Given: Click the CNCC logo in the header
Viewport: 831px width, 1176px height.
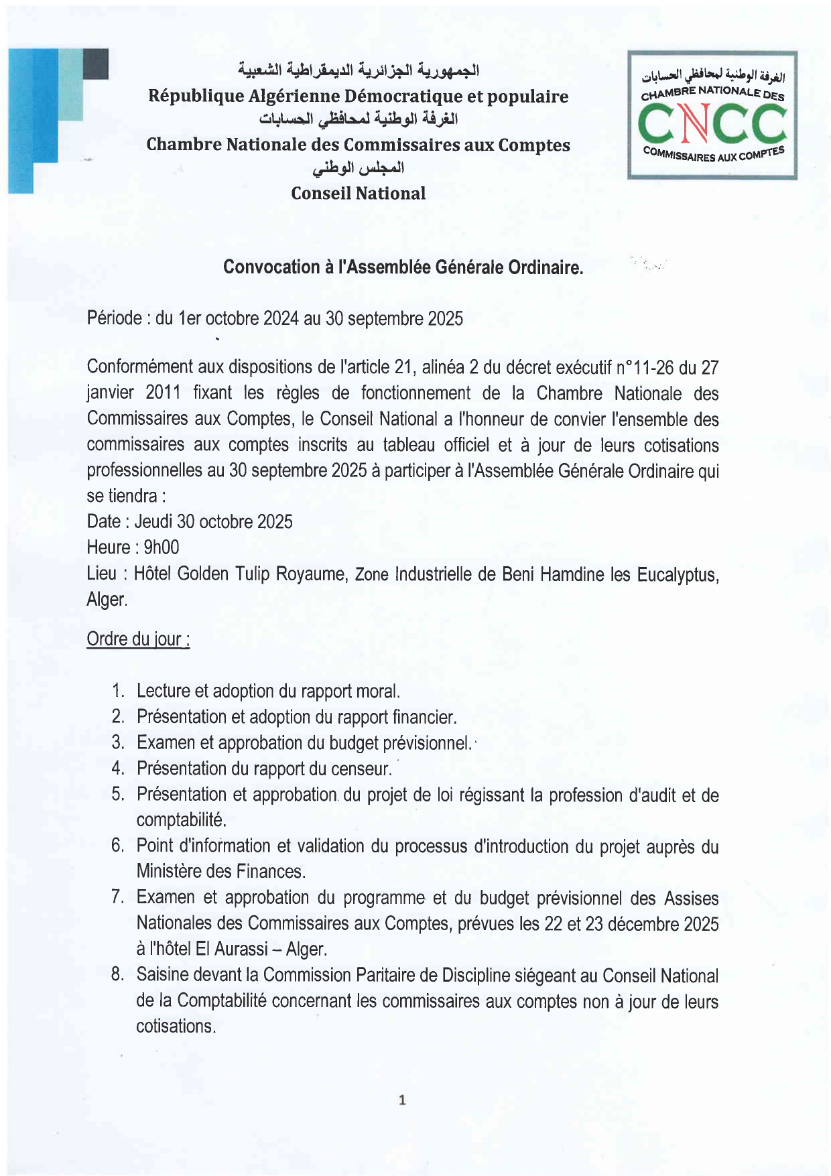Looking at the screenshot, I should pos(712,115).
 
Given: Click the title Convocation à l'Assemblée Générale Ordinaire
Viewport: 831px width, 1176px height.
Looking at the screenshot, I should pos(403,267).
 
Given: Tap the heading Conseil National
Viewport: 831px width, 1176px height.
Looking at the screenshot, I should pos(358,194).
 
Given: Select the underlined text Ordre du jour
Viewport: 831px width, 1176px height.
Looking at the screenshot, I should pos(137,639).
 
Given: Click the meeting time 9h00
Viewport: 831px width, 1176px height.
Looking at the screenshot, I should pos(162,547).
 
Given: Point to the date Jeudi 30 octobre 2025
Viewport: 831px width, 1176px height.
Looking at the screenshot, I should pos(213,522).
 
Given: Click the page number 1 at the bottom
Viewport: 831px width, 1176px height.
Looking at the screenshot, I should pos(402,1100).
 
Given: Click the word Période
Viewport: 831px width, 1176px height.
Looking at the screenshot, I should pos(114,318).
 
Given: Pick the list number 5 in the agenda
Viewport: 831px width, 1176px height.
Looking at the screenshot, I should pos(118,795).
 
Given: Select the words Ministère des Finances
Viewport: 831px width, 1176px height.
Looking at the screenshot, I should pos(221,872).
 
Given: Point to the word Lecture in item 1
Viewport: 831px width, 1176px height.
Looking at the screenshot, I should pos(163,691).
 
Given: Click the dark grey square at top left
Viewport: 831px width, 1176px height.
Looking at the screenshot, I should pos(95,64).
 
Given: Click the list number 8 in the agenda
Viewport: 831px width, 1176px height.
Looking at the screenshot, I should pos(118,975).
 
